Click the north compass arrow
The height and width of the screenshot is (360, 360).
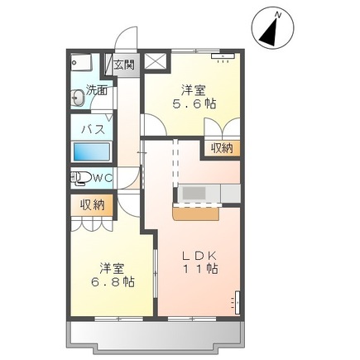[x=271, y=31]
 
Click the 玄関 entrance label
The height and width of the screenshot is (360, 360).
[x=123, y=65]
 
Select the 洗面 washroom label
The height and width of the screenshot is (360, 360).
[x=98, y=91]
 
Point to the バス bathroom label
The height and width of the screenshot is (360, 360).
[x=91, y=130]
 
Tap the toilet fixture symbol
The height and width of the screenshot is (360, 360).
[x=81, y=176]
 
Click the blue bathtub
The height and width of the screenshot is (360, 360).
[x=91, y=153]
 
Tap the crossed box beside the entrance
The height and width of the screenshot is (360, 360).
[x=155, y=62]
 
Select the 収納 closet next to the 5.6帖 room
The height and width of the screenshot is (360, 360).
[x=221, y=148]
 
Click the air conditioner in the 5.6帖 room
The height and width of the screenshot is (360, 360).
[x=224, y=58]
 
